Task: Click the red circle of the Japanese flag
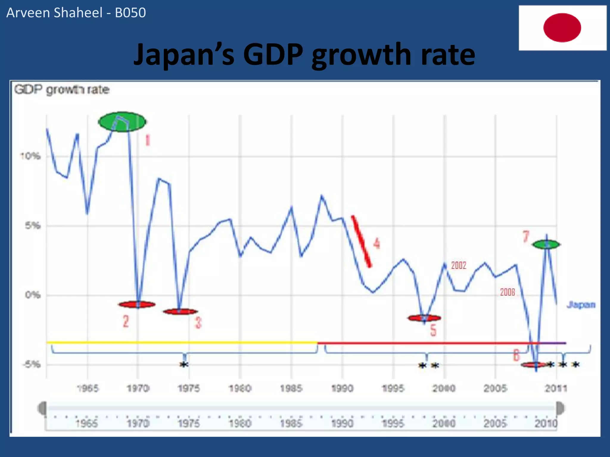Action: click(x=562, y=27)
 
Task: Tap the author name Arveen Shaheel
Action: click(x=54, y=13)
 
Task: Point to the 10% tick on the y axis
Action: click(x=30, y=156)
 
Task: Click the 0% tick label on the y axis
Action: click(x=32, y=295)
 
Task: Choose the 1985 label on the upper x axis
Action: click(x=291, y=388)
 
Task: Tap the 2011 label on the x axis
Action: click(x=556, y=388)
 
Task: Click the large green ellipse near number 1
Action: click(x=122, y=122)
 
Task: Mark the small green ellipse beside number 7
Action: click(x=546, y=245)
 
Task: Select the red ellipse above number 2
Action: click(x=137, y=304)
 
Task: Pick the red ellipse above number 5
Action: click(x=424, y=318)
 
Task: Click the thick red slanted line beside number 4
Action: click(x=361, y=241)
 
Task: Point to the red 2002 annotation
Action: click(x=458, y=265)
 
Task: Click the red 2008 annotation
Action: click(x=507, y=292)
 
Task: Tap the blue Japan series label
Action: click(x=581, y=305)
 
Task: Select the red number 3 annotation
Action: click(x=198, y=323)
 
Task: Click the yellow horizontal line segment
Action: click(x=182, y=342)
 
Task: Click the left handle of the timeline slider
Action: click(x=42, y=408)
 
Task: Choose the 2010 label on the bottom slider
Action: click(x=545, y=423)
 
